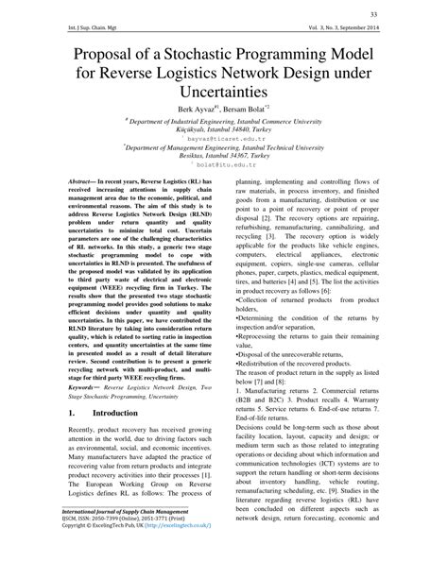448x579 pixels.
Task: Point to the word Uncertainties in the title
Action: click(224, 92)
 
